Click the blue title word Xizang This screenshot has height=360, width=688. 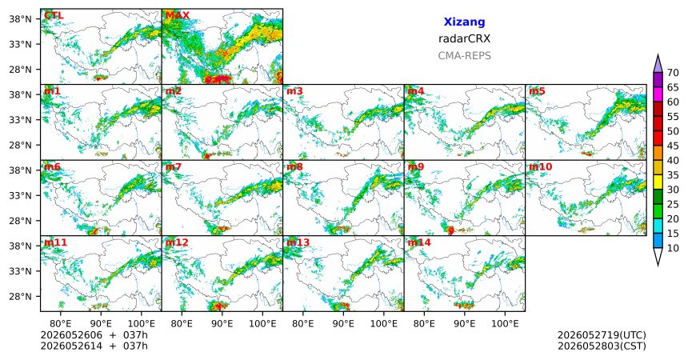(x=464, y=22)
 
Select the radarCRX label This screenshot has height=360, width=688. (x=464, y=38)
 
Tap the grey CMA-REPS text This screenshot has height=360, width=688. (x=464, y=56)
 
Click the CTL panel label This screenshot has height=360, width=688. (x=54, y=16)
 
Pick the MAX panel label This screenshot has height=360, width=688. (x=178, y=16)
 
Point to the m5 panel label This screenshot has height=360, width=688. (x=537, y=91)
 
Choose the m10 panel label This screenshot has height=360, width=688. (x=540, y=167)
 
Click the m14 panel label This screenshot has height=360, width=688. (x=419, y=242)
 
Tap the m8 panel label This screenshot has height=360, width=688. (x=294, y=167)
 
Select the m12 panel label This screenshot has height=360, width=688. (x=176, y=242)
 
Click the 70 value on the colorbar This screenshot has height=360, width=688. (x=673, y=73)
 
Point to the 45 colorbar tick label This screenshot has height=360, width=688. (x=673, y=146)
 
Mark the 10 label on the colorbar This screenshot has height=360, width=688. (x=673, y=248)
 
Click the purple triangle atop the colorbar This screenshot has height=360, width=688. (x=658, y=64)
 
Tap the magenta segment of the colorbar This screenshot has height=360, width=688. (x=658, y=94)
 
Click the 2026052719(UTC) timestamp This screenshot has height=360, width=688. (x=602, y=335)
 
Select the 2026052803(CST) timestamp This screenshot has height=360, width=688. (x=602, y=346)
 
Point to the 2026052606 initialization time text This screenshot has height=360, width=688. (x=71, y=335)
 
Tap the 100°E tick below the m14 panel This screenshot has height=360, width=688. (x=505, y=324)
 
